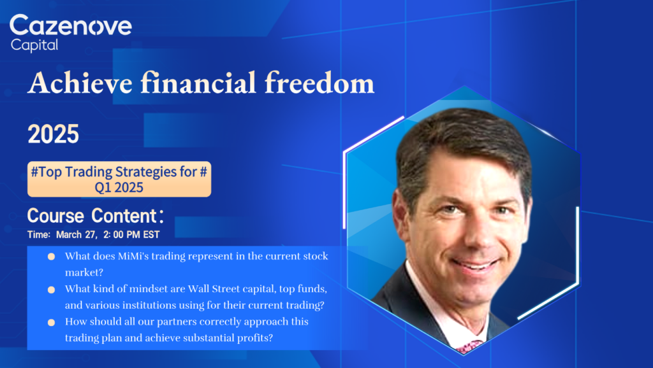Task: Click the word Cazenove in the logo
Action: tap(71, 25)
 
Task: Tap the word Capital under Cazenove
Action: tap(34, 45)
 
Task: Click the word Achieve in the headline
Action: tap(80, 82)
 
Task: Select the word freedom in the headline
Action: tap(319, 82)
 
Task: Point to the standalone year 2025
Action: tap(54, 134)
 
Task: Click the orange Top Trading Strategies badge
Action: tap(119, 179)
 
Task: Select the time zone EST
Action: tap(151, 234)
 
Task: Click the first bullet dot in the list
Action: tap(51, 257)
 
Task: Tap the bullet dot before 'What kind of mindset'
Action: tap(51, 290)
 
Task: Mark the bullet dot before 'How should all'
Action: tap(51, 322)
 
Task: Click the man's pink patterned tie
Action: tap(469, 346)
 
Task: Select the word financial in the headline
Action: tap(198, 82)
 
